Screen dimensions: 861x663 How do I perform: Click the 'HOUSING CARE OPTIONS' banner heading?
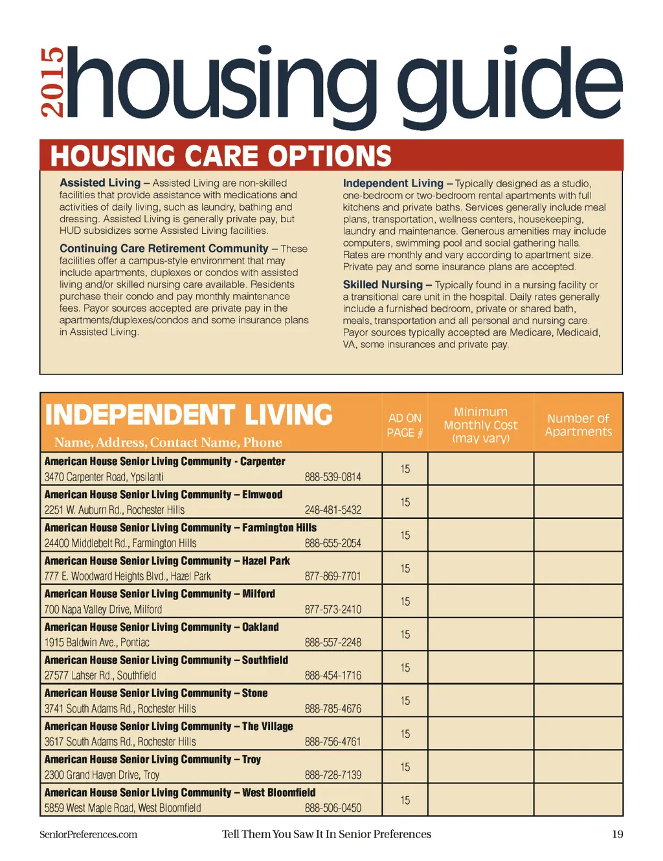(x=221, y=156)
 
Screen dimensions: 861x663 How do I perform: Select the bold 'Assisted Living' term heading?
(x=100, y=183)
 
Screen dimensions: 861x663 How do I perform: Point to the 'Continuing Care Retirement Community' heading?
(x=164, y=248)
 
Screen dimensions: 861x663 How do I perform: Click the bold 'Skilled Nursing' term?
(x=383, y=284)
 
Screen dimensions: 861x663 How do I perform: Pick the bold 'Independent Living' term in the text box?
(x=393, y=183)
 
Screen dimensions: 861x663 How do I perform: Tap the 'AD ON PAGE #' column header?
(x=405, y=426)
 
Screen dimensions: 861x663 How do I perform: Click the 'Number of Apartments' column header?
(x=578, y=425)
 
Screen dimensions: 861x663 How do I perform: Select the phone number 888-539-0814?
(x=333, y=477)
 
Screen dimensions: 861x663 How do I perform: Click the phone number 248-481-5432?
(x=333, y=510)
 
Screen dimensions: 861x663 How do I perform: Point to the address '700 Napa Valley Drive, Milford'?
(x=103, y=610)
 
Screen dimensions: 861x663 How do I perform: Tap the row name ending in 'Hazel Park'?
(x=167, y=561)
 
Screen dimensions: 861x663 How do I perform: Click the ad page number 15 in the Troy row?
(x=405, y=767)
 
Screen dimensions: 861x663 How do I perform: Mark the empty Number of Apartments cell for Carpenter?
(x=578, y=468)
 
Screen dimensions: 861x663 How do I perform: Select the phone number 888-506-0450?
(x=333, y=808)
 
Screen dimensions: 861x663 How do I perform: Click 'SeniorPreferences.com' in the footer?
(x=88, y=834)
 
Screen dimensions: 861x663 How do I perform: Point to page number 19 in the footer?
(x=617, y=834)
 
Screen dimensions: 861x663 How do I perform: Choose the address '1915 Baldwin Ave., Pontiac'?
(x=96, y=643)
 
